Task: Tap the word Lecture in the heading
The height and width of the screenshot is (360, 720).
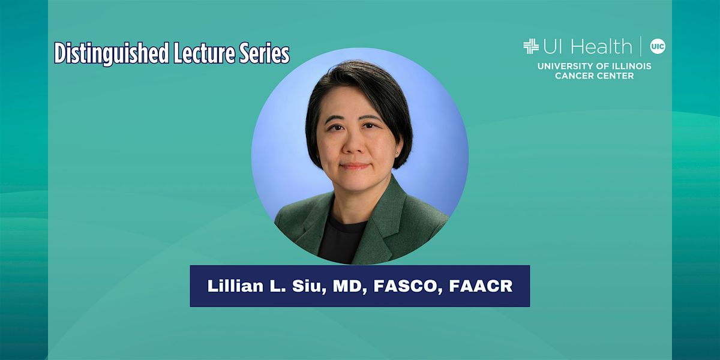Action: [x=200, y=53]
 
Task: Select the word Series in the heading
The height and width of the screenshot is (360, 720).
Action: [x=266, y=53]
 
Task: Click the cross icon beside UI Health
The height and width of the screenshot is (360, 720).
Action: [x=530, y=46]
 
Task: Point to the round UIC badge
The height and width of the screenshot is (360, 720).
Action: [x=658, y=46]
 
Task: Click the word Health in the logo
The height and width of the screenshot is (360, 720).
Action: [x=601, y=46]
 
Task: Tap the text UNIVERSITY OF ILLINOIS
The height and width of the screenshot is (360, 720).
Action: [x=594, y=66]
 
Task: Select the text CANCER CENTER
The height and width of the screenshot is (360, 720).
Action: [x=594, y=76]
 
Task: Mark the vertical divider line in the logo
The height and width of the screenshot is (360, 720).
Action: [x=641, y=46]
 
